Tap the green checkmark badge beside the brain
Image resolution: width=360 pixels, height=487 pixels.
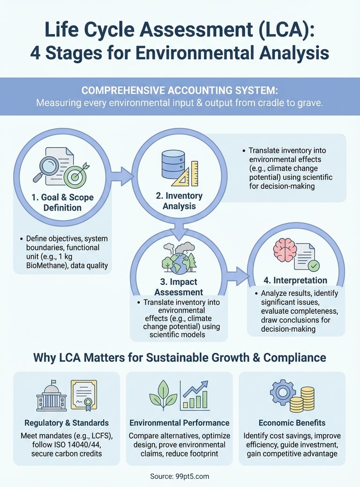(314, 266)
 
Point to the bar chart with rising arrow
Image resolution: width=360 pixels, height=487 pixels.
(195, 395)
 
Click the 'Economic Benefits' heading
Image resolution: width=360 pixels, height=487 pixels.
(292, 422)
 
